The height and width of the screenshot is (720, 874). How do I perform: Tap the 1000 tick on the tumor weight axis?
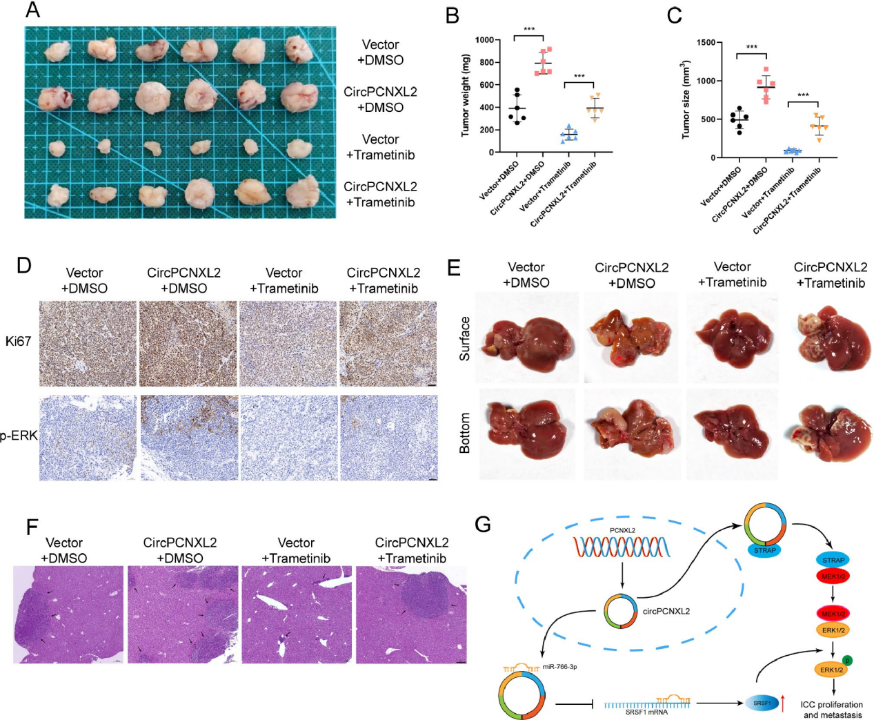pyautogui.click(x=485, y=40)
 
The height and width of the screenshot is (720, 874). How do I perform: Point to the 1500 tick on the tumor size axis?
pyautogui.click(x=705, y=43)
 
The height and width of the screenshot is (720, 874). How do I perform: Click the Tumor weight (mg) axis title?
pyautogui.click(x=466, y=96)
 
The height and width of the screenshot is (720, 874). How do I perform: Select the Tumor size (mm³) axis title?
pyautogui.click(x=686, y=100)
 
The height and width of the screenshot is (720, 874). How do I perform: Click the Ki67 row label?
pyautogui.click(x=18, y=341)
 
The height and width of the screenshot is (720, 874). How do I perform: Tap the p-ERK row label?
pyautogui.click(x=19, y=436)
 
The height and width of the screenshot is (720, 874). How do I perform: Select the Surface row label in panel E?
pyautogui.click(x=465, y=338)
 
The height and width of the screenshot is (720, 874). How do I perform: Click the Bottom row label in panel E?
pyautogui.click(x=465, y=433)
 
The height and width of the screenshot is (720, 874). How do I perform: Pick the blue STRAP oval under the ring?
pyautogui.click(x=764, y=550)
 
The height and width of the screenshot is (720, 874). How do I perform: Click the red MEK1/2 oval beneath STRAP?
pyautogui.click(x=833, y=575)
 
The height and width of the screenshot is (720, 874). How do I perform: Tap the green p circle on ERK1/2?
pyautogui.click(x=847, y=661)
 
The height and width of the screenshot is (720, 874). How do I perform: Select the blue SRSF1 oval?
pyautogui.click(x=762, y=703)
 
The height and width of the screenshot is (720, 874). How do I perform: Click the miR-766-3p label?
pyautogui.click(x=559, y=667)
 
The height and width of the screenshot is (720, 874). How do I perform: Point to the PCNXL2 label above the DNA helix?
pyautogui.click(x=622, y=530)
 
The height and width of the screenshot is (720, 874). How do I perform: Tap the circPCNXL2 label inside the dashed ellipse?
pyautogui.click(x=666, y=611)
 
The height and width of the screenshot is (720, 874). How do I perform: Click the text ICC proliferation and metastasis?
pyautogui.click(x=832, y=710)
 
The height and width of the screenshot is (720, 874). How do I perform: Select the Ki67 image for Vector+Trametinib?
pyautogui.click(x=288, y=343)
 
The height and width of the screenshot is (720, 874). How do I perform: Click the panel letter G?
pyautogui.click(x=483, y=525)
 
